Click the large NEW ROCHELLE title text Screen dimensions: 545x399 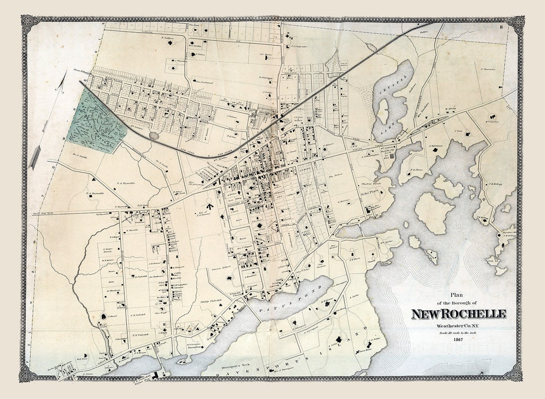(458, 314)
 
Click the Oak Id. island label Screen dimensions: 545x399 (492, 260)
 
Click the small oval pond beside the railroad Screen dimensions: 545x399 (154, 135)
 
